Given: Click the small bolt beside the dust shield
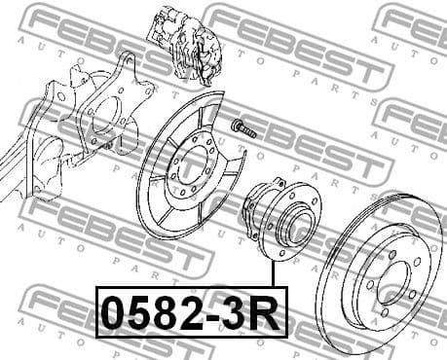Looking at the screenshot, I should tap(242, 127).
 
